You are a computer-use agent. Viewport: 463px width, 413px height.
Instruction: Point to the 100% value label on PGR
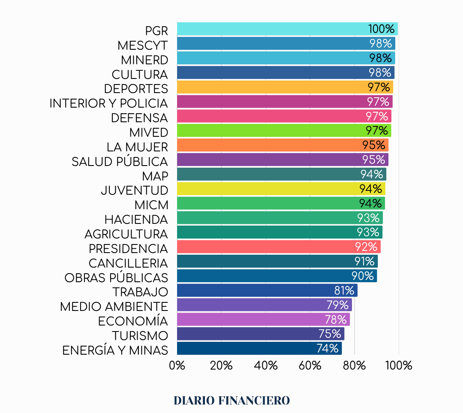point(381,29)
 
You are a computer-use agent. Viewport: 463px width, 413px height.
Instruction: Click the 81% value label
point(344,291)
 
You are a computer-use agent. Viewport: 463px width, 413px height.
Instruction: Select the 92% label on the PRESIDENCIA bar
point(366,247)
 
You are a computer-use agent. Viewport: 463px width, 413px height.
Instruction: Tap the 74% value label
point(328,349)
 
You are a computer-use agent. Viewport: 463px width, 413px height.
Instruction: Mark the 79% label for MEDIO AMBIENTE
point(337,305)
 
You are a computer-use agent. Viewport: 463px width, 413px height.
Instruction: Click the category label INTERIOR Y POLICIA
point(108,103)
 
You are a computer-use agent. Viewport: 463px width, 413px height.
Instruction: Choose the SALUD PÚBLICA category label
point(120,162)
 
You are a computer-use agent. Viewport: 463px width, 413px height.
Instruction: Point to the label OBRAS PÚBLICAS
point(116,277)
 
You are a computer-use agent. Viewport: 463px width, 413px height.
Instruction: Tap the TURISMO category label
point(140,335)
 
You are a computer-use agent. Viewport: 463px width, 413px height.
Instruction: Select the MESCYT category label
point(142,45)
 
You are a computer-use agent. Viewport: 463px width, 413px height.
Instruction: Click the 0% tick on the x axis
point(177,366)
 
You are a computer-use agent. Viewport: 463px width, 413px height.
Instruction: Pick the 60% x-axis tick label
point(310,366)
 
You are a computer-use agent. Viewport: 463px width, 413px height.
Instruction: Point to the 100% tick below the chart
point(399,366)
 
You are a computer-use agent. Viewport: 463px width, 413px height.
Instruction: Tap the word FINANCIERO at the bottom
point(254,401)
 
